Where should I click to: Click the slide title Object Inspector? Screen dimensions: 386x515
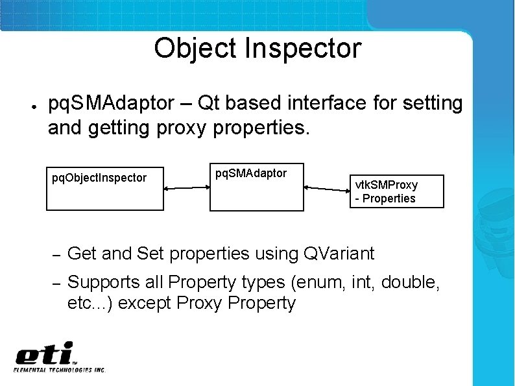pyautogui.click(x=257, y=49)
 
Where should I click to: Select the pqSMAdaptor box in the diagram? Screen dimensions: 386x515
pyautogui.click(x=256, y=186)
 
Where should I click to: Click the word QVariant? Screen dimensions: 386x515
pyautogui.click(x=339, y=254)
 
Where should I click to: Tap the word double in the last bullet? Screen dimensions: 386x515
pyautogui.click(x=411, y=283)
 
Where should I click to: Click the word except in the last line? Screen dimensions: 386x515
pyautogui.click(x=145, y=303)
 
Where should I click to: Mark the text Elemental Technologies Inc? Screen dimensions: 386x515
pyautogui.click(x=60, y=370)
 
